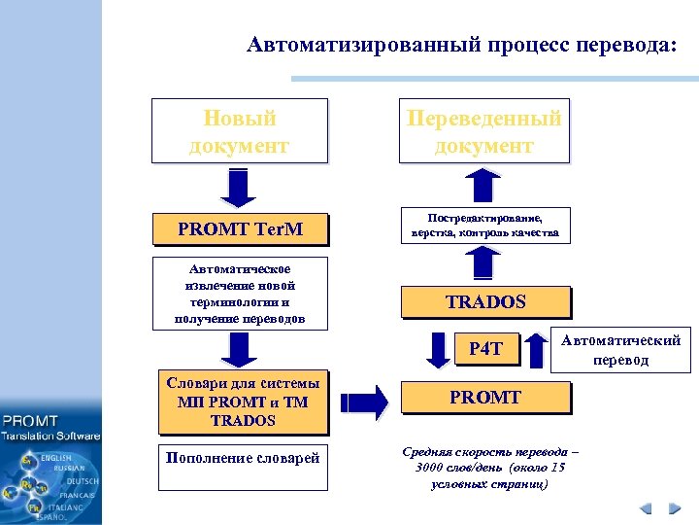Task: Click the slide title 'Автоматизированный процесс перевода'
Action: (460, 45)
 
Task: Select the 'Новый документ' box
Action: (240, 130)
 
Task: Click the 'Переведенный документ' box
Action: (483, 130)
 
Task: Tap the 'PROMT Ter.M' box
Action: (240, 229)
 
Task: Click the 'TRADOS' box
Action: (485, 301)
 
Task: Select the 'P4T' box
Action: (486, 348)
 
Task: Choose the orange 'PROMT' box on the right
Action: (485, 398)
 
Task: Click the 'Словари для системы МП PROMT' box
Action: (241, 402)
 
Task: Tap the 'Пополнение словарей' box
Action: (243, 458)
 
